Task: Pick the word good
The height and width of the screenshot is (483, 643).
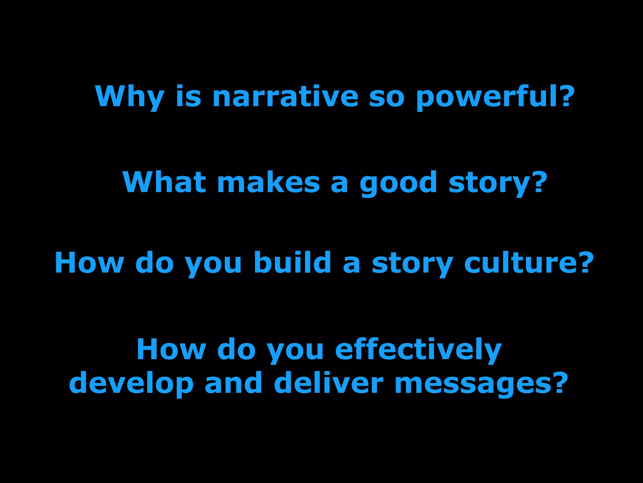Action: coord(398,183)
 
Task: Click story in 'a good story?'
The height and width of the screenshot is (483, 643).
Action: coord(490,183)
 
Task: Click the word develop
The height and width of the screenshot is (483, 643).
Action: coord(131,383)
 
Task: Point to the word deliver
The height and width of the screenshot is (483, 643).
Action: coord(328,383)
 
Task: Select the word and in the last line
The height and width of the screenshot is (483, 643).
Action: coord(234,383)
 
